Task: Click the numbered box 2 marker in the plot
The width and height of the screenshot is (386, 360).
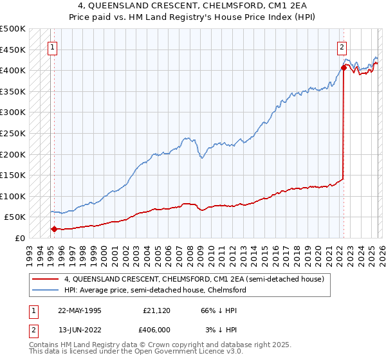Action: coord(342,46)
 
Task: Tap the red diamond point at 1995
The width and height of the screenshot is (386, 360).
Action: coord(54,229)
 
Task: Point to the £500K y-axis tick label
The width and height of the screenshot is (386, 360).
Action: coord(13,29)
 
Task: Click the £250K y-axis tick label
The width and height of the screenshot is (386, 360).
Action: coord(13,133)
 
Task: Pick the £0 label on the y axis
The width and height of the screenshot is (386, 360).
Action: coord(19,238)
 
